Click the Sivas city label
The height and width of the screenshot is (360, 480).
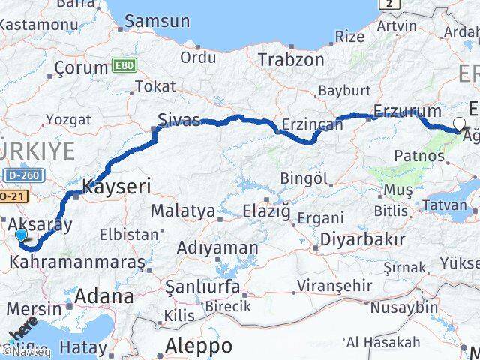[x=178, y=119]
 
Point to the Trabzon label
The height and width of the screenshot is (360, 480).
[x=291, y=60]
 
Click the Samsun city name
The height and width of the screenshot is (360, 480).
[x=157, y=21]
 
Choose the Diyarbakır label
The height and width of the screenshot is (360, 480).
[x=362, y=240]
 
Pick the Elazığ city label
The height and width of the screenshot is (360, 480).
[x=266, y=212]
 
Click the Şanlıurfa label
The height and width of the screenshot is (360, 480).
[x=202, y=287]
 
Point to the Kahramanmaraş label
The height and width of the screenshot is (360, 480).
[x=77, y=264]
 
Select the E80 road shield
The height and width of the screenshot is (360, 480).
[x=124, y=66]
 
